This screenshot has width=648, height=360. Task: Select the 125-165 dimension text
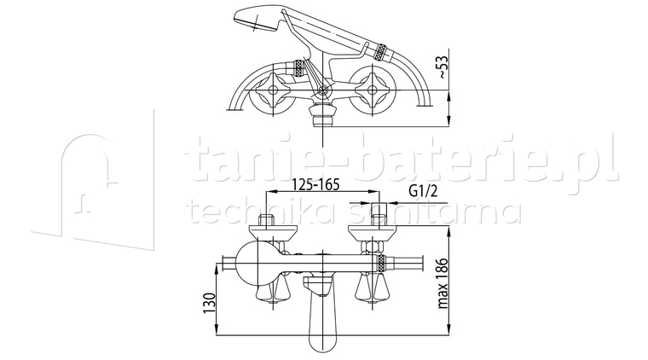[304, 183]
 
